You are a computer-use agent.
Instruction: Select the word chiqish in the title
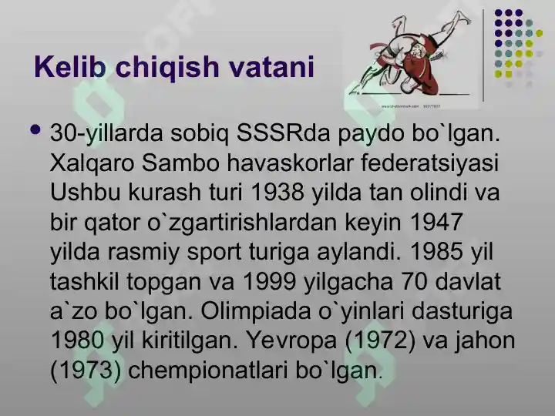click(167, 67)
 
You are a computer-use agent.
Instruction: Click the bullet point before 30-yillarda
click(35, 129)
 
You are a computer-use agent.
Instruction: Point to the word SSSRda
click(284, 133)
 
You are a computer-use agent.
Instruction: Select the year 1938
click(277, 193)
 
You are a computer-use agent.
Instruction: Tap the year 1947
click(436, 222)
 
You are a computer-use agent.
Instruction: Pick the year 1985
click(436, 251)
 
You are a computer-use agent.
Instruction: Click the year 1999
click(270, 282)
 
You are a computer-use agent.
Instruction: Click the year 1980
click(78, 340)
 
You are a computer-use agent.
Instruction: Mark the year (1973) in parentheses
click(86, 371)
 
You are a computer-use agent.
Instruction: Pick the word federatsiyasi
click(429, 163)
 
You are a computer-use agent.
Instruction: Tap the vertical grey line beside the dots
click(483, 55)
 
